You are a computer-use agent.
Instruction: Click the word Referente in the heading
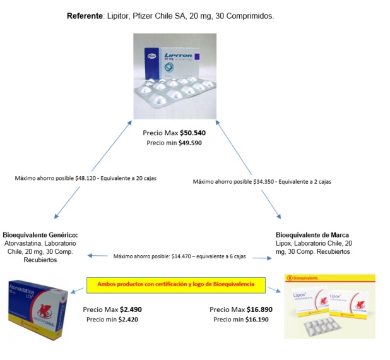85,16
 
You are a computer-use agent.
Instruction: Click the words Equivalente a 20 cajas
129,178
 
